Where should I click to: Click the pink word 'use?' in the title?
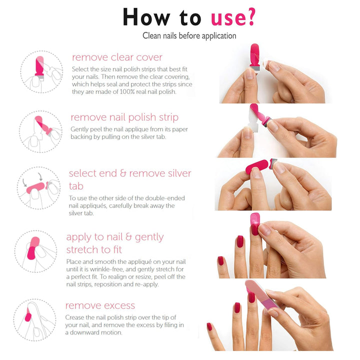tap(233, 17)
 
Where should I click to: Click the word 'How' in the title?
tap(146, 17)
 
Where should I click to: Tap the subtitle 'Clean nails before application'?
tap(189, 36)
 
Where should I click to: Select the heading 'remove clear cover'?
tap(117, 57)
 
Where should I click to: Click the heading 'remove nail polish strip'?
tap(124, 117)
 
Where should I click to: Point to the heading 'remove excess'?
tap(100, 305)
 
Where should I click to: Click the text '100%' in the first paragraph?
tap(127, 92)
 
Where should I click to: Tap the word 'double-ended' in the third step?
tap(165, 198)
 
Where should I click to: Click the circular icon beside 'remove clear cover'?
tap(41, 71)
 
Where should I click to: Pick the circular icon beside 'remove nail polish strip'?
tap(40, 131)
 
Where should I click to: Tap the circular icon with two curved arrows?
tap(38, 188)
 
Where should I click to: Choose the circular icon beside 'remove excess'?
tap(34, 320)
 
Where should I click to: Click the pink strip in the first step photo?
tap(254, 56)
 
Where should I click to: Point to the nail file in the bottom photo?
tap(261, 294)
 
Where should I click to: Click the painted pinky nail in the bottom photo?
tap(209, 326)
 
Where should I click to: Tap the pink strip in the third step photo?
tap(257, 166)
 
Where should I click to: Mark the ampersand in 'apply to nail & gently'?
tap(128, 237)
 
